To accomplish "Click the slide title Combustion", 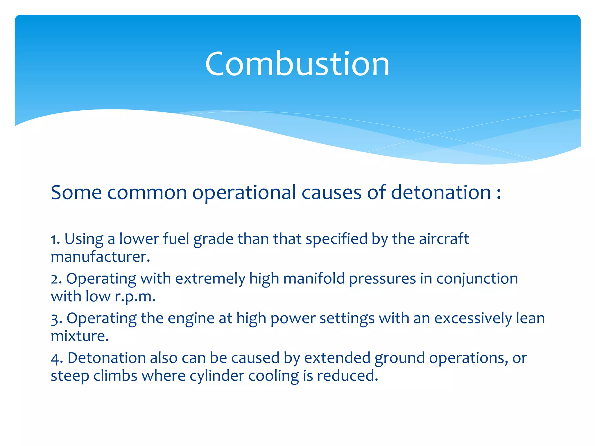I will point(297,64).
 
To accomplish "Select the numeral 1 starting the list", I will point(54,240).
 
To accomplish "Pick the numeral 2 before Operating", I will point(55,279).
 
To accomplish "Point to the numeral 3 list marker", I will point(55,319).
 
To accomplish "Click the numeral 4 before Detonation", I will point(55,359).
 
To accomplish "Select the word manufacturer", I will point(100,257).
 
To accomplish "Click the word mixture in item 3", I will point(79,336).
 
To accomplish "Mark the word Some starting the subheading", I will point(76,193).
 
